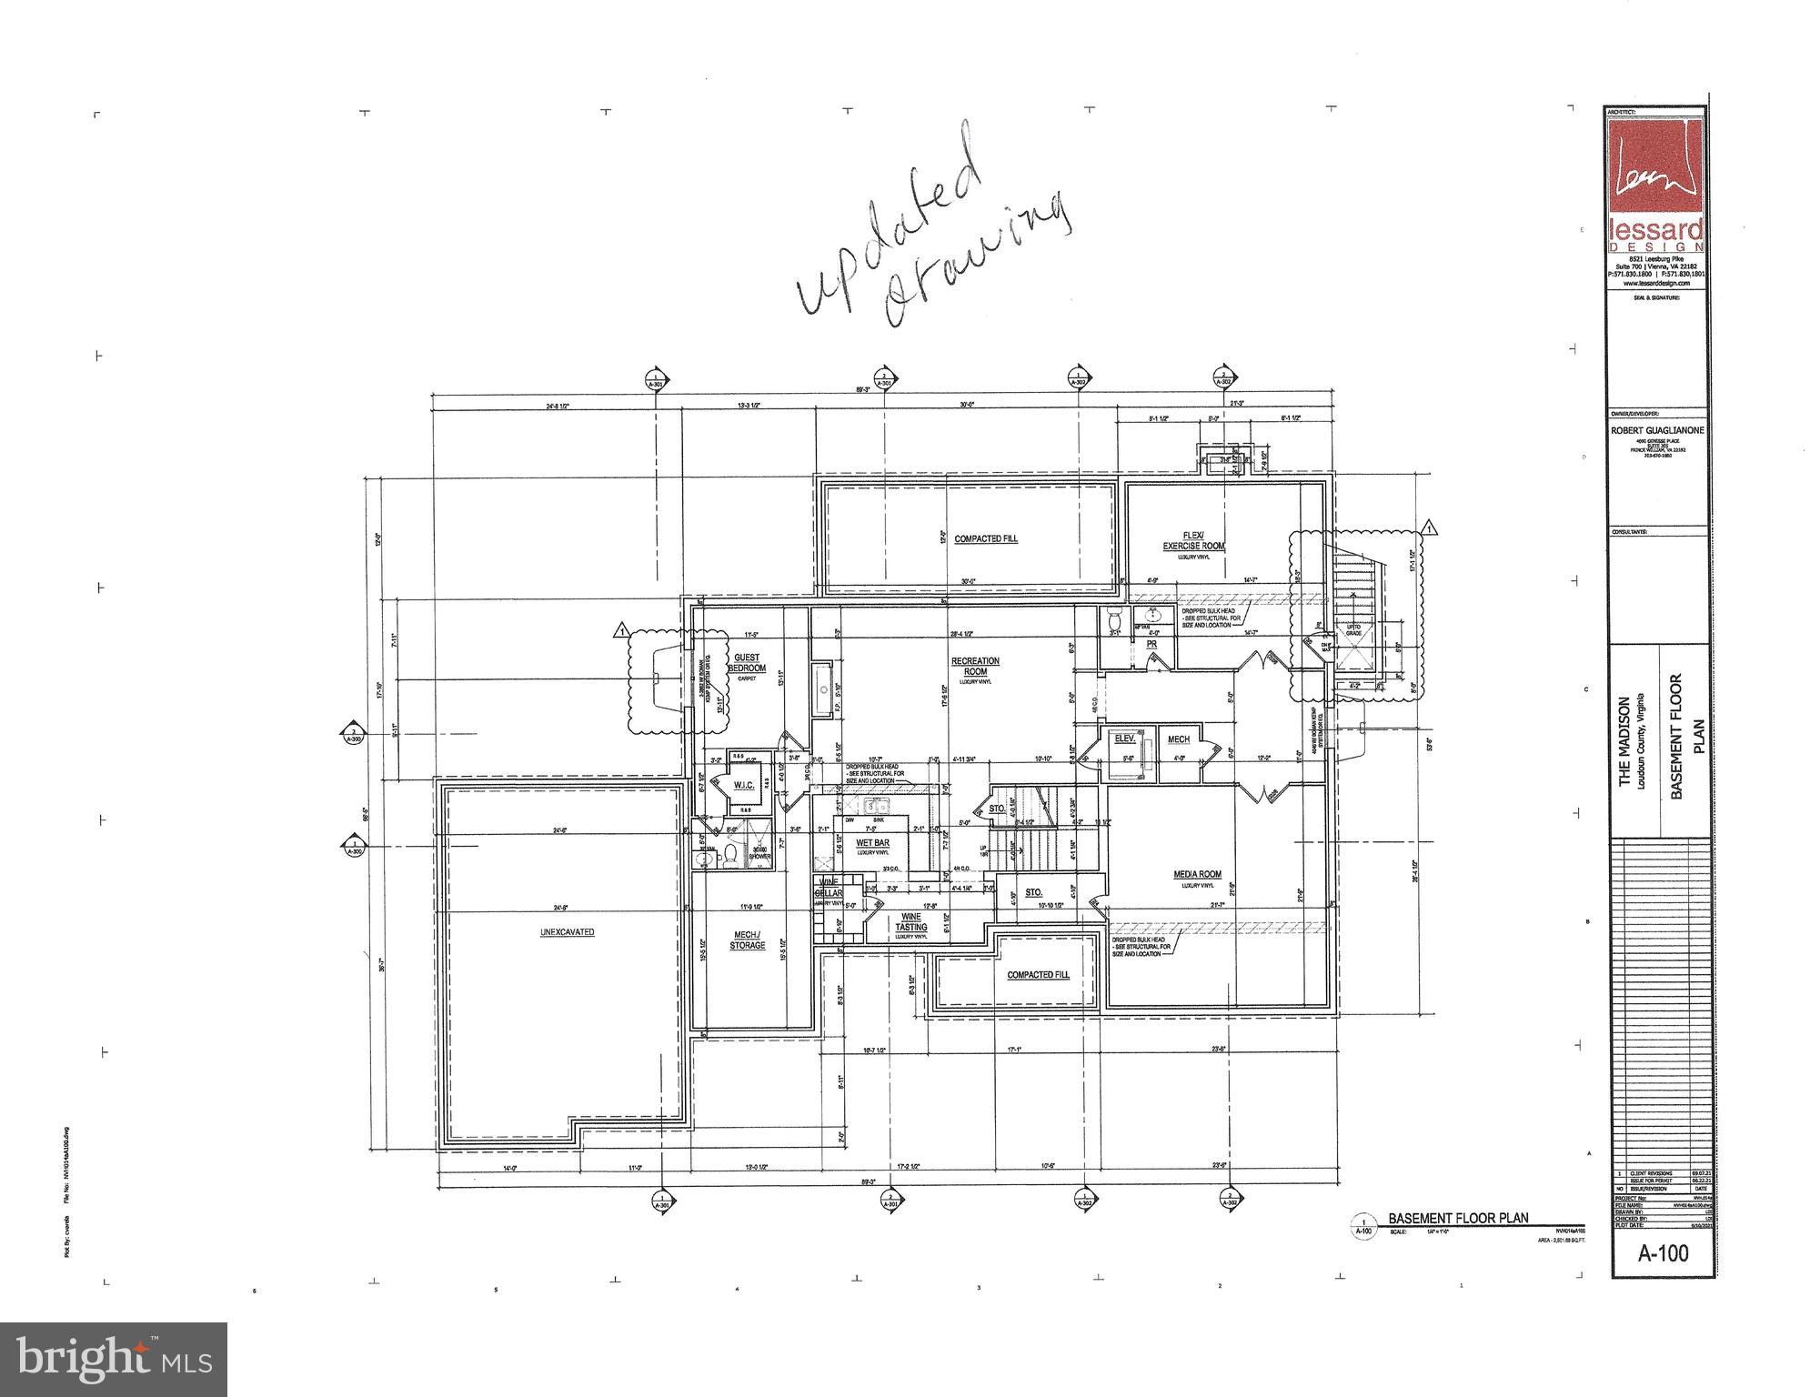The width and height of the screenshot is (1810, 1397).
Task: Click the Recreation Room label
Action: click(975, 666)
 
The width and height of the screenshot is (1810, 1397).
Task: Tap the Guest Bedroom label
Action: click(747, 662)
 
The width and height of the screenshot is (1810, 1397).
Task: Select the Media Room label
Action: click(1197, 874)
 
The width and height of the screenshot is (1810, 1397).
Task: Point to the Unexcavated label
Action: click(567, 932)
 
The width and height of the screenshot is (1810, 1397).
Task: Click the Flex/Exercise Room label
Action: click(1193, 540)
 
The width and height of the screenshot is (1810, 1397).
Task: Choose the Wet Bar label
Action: click(872, 843)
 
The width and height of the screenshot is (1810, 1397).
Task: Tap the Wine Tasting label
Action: click(910, 921)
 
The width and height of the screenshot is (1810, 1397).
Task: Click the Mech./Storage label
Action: click(747, 940)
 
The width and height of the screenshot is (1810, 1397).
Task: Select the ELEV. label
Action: click(1125, 739)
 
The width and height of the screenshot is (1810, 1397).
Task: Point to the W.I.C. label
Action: click(744, 785)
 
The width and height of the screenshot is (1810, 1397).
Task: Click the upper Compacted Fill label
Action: click(986, 539)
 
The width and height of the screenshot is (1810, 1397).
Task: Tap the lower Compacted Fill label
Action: click(1038, 975)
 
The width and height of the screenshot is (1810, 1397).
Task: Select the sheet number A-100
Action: click(1663, 1253)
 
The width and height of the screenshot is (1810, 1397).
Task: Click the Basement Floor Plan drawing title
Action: click(1458, 1218)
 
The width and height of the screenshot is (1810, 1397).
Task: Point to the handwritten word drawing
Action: click(973, 259)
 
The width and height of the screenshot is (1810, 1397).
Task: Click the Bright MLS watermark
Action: click(114, 1359)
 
